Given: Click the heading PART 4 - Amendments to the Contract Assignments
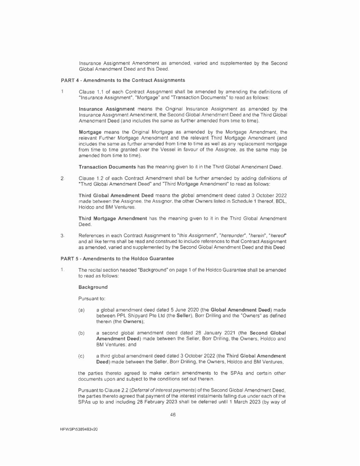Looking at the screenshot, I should pyautogui.click(x=123, y=80).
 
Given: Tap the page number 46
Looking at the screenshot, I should pyautogui.click(x=173, y=415).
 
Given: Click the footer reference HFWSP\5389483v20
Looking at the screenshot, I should pyautogui.click(x=79, y=429).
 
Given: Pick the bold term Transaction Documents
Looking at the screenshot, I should pyautogui.click(x=107, y=167).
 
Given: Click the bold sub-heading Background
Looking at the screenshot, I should pyautogui.click(x=93, y=287).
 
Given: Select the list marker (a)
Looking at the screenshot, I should pyautogui.click(x=82, y=310).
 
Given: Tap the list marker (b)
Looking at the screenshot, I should pyautogui.click(x=82, y=333).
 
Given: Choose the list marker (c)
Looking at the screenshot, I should pyautogui.click(x=82, y=356).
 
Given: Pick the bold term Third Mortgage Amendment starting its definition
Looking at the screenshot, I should pyautogui.click(x=113, y=218).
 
